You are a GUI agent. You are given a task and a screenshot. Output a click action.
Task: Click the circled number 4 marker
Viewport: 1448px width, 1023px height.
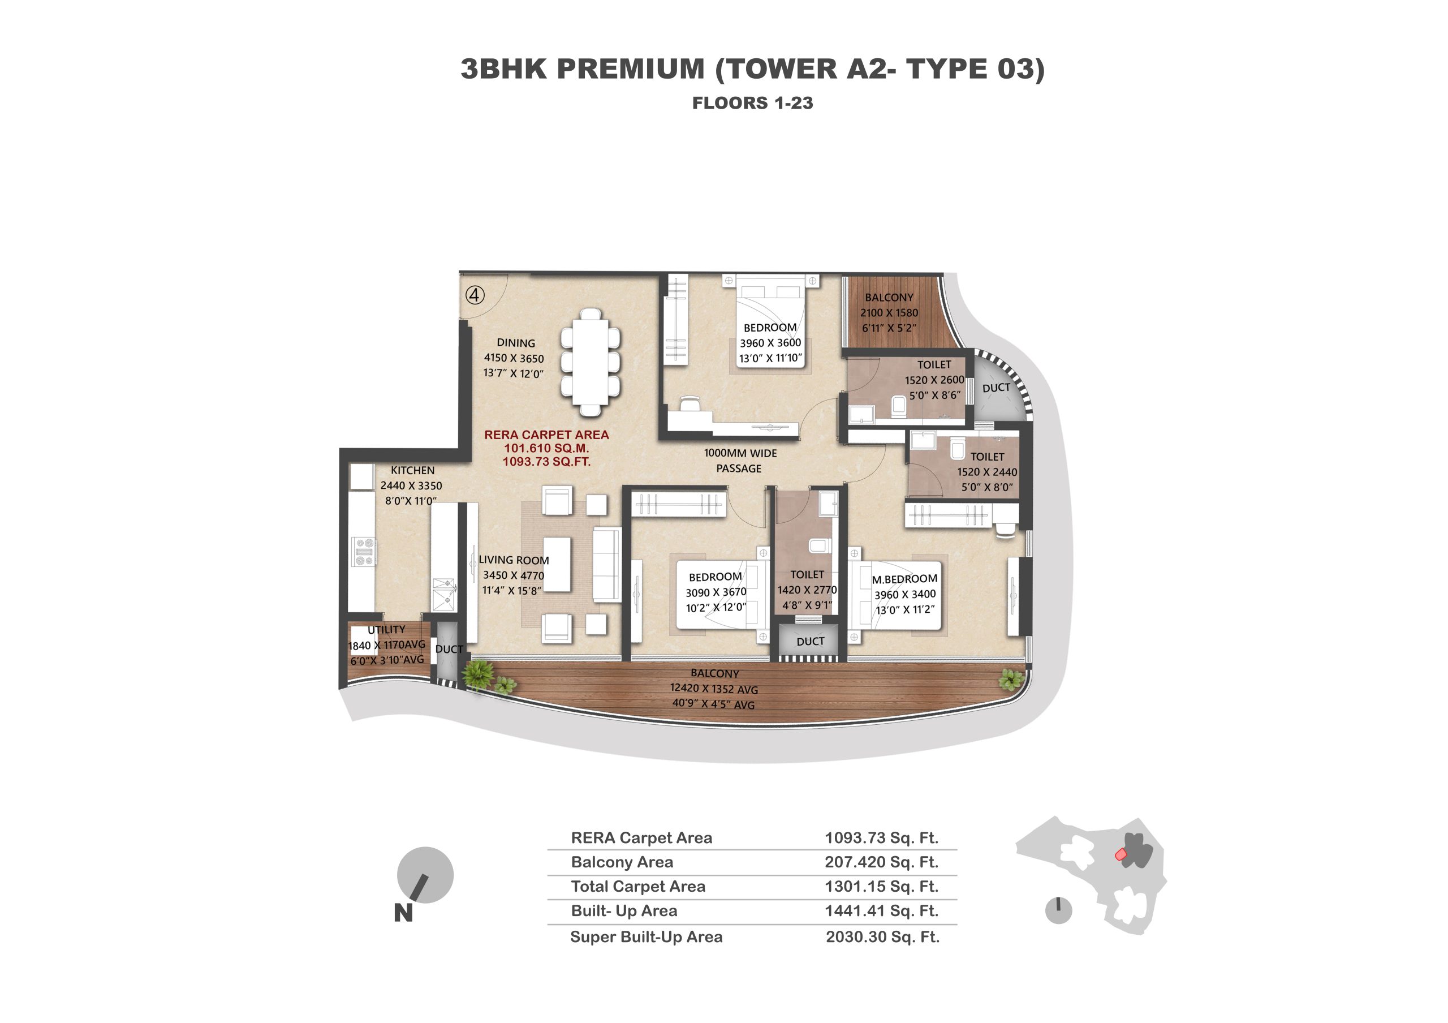[x=475, y=295]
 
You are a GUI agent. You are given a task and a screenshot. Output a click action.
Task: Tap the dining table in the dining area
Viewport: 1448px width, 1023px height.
[x=591, y=362]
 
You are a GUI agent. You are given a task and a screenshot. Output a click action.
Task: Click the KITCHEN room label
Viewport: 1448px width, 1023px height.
[x=412, y=471]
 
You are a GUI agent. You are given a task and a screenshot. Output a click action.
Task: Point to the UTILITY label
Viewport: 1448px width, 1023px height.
[x=386, y=629]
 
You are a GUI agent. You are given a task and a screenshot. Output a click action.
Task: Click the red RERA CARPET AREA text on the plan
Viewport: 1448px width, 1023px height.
[x=546, y=435]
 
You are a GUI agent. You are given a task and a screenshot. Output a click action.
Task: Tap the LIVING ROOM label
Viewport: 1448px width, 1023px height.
[x=514, y=560]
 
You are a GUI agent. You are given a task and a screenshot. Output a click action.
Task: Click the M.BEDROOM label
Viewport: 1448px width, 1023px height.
[x=904, y=579]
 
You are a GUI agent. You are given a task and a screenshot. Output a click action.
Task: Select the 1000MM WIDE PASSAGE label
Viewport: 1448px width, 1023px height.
[x=740, y=461]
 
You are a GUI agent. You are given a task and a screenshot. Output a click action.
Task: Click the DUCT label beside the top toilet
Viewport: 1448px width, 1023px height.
[x=997, y=388]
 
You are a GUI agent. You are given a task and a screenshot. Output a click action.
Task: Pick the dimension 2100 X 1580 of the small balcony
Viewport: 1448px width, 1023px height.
[x=889, y=313]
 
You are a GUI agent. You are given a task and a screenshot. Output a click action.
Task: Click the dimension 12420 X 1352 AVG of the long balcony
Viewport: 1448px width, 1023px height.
[x=714, y=689]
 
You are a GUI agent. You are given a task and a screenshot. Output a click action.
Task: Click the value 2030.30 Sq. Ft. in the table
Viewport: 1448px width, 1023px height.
[x=883, y=937]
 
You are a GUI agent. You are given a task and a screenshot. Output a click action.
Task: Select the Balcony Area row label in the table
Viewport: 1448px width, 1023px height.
[x=622, y=862]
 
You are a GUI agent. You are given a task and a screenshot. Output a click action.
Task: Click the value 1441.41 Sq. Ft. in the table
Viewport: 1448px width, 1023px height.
[x=882, y=912]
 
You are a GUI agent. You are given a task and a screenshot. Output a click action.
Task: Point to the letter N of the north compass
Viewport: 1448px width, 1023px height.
[x=404, y=913]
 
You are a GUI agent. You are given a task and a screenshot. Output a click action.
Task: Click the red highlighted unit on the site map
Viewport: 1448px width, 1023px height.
[x=1121, y=854]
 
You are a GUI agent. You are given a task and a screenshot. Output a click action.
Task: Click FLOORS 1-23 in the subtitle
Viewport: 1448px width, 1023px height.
[x=753, y=103]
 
